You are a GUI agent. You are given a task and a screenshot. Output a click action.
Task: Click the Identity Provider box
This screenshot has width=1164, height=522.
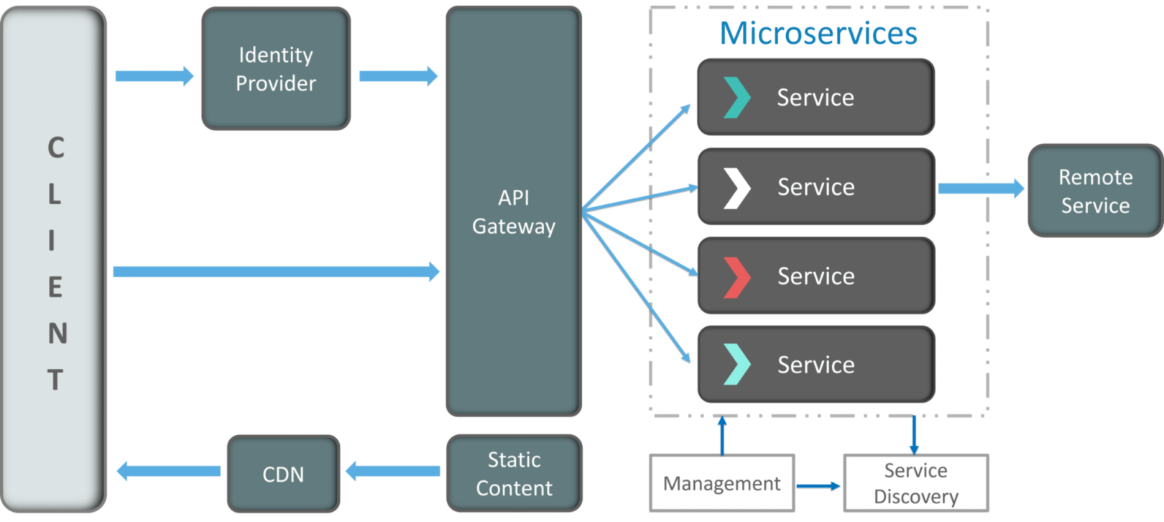coord(276,69)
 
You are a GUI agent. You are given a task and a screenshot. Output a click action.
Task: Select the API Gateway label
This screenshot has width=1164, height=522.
coord(514,212)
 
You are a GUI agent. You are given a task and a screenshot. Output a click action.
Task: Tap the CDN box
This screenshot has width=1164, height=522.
coord(283,475)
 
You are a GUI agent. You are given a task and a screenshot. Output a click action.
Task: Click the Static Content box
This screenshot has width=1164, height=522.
coord(514,474)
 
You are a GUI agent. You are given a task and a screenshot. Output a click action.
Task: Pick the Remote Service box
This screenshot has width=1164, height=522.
coord(1095,191)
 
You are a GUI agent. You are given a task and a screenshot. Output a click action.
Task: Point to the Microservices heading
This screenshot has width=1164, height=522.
coord(818,34)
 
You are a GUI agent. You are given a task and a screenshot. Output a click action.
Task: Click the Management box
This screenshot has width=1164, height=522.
coord(721,483)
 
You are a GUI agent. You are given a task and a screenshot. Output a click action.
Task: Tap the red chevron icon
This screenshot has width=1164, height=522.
coord(736,277)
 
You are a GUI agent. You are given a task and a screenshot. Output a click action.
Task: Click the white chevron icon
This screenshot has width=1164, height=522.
coord(736,188)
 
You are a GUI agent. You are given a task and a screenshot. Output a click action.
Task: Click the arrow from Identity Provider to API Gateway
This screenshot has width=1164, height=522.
coord(397,75)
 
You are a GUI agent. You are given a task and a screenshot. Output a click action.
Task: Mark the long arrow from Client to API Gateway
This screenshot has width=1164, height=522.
coord(276,272)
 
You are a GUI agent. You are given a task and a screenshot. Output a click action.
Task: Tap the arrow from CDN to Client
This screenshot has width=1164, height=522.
coord(169,471)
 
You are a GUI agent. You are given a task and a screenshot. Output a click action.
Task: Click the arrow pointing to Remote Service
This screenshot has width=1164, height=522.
coord(981,188)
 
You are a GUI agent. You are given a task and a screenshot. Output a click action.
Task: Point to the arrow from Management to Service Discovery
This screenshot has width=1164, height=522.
coord(818,487)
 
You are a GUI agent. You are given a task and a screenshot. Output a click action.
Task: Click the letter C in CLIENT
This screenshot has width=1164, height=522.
coord(56,148)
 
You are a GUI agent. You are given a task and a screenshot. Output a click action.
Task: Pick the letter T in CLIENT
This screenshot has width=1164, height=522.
coord(56,380)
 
